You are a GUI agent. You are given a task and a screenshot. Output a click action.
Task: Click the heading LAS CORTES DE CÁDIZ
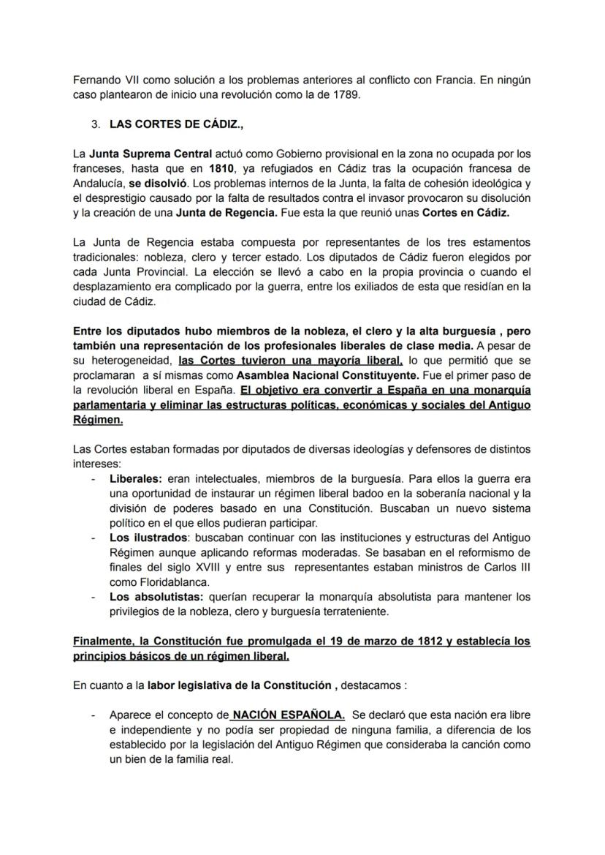pos(176,124)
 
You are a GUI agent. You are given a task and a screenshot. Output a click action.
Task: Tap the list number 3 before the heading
pos(96,124)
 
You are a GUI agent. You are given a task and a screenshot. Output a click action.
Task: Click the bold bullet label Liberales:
pos(136,479)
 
